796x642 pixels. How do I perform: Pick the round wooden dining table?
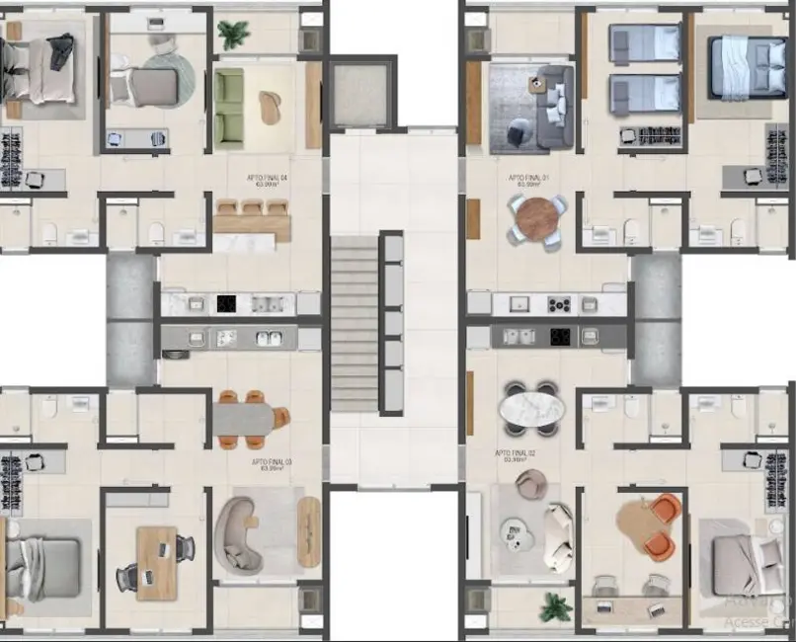[537, 219]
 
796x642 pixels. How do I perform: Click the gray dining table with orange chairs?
[246, 418]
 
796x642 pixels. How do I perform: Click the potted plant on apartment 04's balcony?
[233, 36]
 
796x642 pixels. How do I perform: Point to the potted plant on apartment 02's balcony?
[556, 605]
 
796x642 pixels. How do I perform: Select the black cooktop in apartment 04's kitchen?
[226, 303]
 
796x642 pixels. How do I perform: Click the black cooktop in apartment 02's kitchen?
[561, 337]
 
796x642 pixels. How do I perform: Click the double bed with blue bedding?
[741, 66]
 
